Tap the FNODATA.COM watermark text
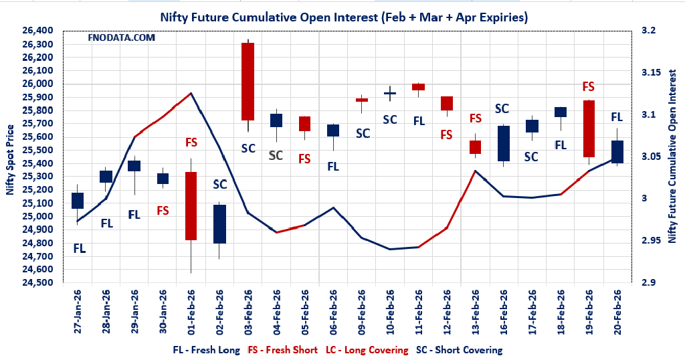[x=121, y=38]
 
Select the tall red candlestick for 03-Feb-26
[x=248, y=81]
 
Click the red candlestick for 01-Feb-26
[x=191, y=205]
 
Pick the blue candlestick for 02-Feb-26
[x=219, y=224]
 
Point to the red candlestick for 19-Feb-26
[x=589, y=128]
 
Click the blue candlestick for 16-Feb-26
[x=504, y=143]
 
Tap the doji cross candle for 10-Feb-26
[x=390, y=93]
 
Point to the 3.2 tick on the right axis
[x=650, y=31]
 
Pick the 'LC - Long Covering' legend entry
[x=367, y=350]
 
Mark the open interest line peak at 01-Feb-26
[x=191, y=93]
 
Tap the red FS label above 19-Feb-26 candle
[x=589, y=86]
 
